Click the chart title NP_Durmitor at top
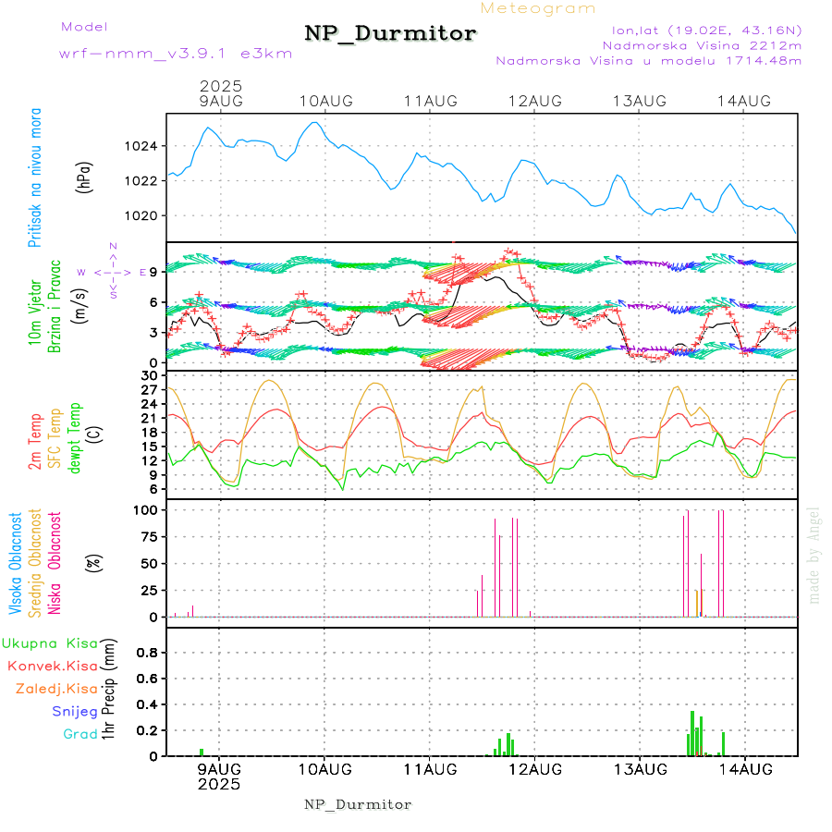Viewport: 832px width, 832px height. pyautogui.click(x=390, y=34)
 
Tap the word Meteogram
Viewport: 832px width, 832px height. pyautogui.click(x=539, y=8)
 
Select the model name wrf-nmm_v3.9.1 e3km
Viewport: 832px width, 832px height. pyautogui.click(x=176, y=54)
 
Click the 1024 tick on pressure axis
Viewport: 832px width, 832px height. pyautogui.click(x=141, y=146)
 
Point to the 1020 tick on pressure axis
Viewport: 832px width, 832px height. pyautogui.click(x=141, y=215)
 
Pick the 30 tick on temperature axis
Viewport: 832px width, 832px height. pyautogui.click(x=149, y=375)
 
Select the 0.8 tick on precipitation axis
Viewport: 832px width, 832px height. pyautogui.click(x=146, y=652)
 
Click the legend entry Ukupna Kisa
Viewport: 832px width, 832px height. pyautogui.click(x=50, y=643)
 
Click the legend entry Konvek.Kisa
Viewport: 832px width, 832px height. pyautogui.click(x=52, y=666)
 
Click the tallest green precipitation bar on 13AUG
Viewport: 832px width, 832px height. pyautogui.click(x=692, y=732)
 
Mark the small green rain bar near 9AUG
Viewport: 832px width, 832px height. pyautogui.click(x=202, y=752)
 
